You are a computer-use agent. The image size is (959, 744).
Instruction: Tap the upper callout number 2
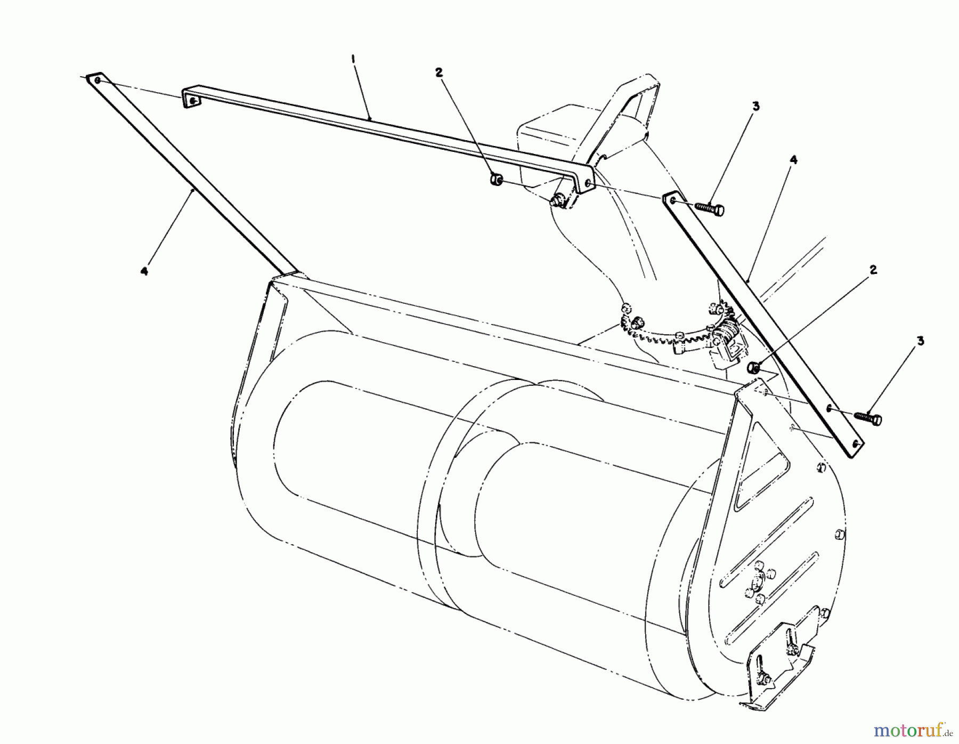(439, 73)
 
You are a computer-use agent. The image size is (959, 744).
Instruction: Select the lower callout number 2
(873, 270)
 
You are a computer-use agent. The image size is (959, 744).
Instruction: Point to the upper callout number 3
(755, 107)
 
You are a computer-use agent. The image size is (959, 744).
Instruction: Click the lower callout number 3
(920, 341)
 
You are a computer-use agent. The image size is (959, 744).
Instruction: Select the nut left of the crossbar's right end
(496, 180)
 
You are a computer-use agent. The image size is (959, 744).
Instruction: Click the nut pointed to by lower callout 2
(753, 367)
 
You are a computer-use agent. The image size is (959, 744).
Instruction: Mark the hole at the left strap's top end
(97, 80)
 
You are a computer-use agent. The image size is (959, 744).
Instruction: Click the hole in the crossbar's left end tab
(192, 100)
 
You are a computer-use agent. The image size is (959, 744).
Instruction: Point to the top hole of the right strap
(672, 200)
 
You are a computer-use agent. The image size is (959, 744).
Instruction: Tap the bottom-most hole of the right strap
(856, 443)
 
